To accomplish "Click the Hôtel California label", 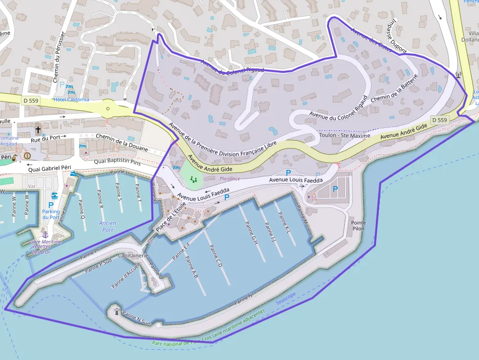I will coord(71,100).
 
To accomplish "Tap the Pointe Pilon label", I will coord(358,226).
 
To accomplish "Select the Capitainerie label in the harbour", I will coord(133,255).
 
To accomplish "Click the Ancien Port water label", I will coord(107,226).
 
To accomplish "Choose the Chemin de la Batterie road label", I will coord(394,89).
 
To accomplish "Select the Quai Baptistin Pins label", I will coord(117,162).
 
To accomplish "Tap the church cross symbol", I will coord(38,130).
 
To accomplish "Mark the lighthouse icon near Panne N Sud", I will coord(116,311).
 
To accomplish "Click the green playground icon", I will coord(195,179).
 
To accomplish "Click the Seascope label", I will coord(286,298).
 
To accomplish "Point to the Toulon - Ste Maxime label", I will coord(345,135).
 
